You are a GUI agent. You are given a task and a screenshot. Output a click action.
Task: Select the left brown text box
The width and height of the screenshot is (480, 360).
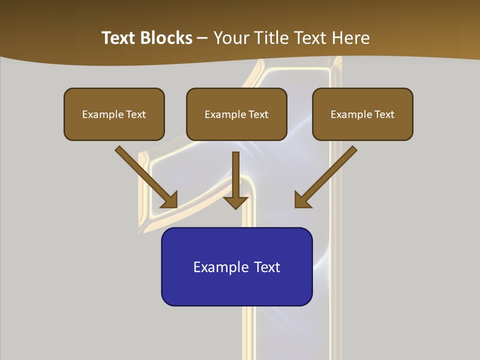114,114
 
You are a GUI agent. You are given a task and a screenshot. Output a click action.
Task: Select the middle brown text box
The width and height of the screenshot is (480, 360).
236,114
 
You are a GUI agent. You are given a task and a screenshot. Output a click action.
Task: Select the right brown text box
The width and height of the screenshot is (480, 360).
362,114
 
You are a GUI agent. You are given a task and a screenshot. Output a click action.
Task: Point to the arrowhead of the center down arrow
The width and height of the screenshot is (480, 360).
235,202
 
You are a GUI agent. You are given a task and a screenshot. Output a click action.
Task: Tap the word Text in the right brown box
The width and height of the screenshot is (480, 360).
384,114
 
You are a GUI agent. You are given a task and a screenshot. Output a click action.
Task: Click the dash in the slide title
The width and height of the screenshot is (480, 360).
202,38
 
